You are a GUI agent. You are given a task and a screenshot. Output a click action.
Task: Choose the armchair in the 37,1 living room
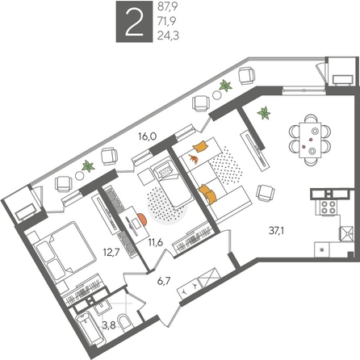264,191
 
